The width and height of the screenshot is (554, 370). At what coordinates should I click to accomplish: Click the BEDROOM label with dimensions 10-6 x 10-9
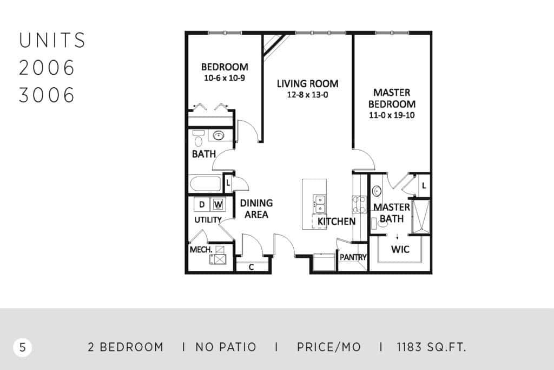(x=225, y=72)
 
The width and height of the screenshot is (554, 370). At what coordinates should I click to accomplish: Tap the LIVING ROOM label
(x=307, y=84)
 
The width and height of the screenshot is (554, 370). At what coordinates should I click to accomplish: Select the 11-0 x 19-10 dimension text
(x=392, y=115)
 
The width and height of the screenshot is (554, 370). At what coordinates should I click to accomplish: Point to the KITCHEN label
(x=337, y=222)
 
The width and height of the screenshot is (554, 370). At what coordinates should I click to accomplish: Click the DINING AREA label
(x=256, y=209)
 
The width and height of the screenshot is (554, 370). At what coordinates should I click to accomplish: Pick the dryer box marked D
(x=202, y=204)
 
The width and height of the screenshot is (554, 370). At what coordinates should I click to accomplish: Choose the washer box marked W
(x=218, y=204)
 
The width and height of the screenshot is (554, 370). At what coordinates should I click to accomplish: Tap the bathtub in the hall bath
(x=206, y=184)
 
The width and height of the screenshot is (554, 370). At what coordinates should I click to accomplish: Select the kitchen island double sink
(x=319, y=204)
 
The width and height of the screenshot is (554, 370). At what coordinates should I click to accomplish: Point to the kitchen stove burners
(x=359, y=204)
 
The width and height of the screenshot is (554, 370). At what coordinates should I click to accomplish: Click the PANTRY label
(x=353, y=257)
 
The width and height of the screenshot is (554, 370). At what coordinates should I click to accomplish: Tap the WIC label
(x=400, y=249)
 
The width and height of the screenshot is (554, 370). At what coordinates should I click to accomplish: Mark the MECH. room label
(x=201, y=250)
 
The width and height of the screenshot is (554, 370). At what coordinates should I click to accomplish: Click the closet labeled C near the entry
(x=252, y=267)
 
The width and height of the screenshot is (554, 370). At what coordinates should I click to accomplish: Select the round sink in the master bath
(x=377, y=191)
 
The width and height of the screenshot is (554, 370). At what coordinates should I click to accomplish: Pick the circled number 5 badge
(x=23, y=347)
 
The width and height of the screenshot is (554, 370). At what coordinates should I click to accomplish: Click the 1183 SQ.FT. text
(x=431, y=347)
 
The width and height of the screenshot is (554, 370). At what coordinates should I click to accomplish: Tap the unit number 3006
(x=47, y=95)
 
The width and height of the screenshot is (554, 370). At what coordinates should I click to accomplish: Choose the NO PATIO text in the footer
(x=226, y=347)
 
